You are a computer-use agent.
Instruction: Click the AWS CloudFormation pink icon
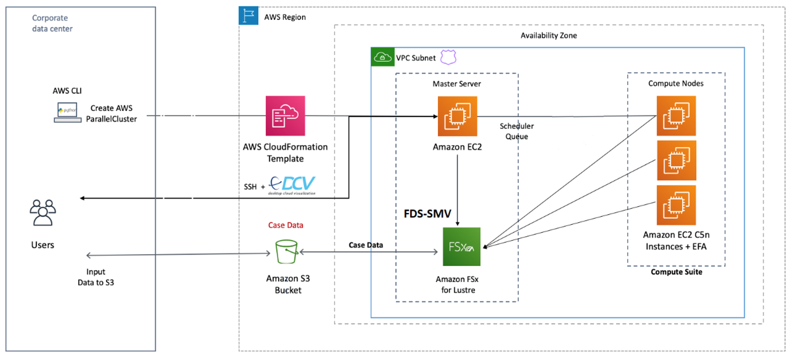(x=285, y=116)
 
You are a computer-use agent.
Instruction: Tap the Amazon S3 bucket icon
(x=287, y=252)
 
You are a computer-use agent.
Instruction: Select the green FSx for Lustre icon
(x=461, y=247)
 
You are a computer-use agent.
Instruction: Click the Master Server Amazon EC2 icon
(x=457, y=116)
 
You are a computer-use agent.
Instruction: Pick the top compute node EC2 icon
(x=676, y=116)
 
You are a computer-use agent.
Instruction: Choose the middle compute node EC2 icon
(x=676, y=160)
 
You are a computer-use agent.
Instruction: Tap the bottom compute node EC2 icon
(x=676, y=205)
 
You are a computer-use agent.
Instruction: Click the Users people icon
(x=43, y=213)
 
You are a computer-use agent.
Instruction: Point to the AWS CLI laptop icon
(x=67, y=112)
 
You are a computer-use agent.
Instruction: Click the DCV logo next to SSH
(x=293, y=185)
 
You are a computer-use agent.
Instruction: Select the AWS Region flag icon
(x=249, y=16)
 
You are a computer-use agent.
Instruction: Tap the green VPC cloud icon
(x=382, y=57)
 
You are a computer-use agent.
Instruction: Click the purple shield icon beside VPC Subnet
(x=448, y=57)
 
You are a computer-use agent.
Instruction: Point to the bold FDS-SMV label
(x=427, y=214)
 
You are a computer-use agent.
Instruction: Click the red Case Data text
(x=285, y=225)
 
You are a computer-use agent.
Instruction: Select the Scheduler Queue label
(x=516, y=131)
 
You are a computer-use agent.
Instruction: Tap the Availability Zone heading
(x=548, y=35)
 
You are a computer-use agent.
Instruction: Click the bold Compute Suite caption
(x=676, y=272)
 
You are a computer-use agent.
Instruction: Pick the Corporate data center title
(x=52, y=23)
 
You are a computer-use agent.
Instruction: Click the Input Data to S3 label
(x=96, y=277)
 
